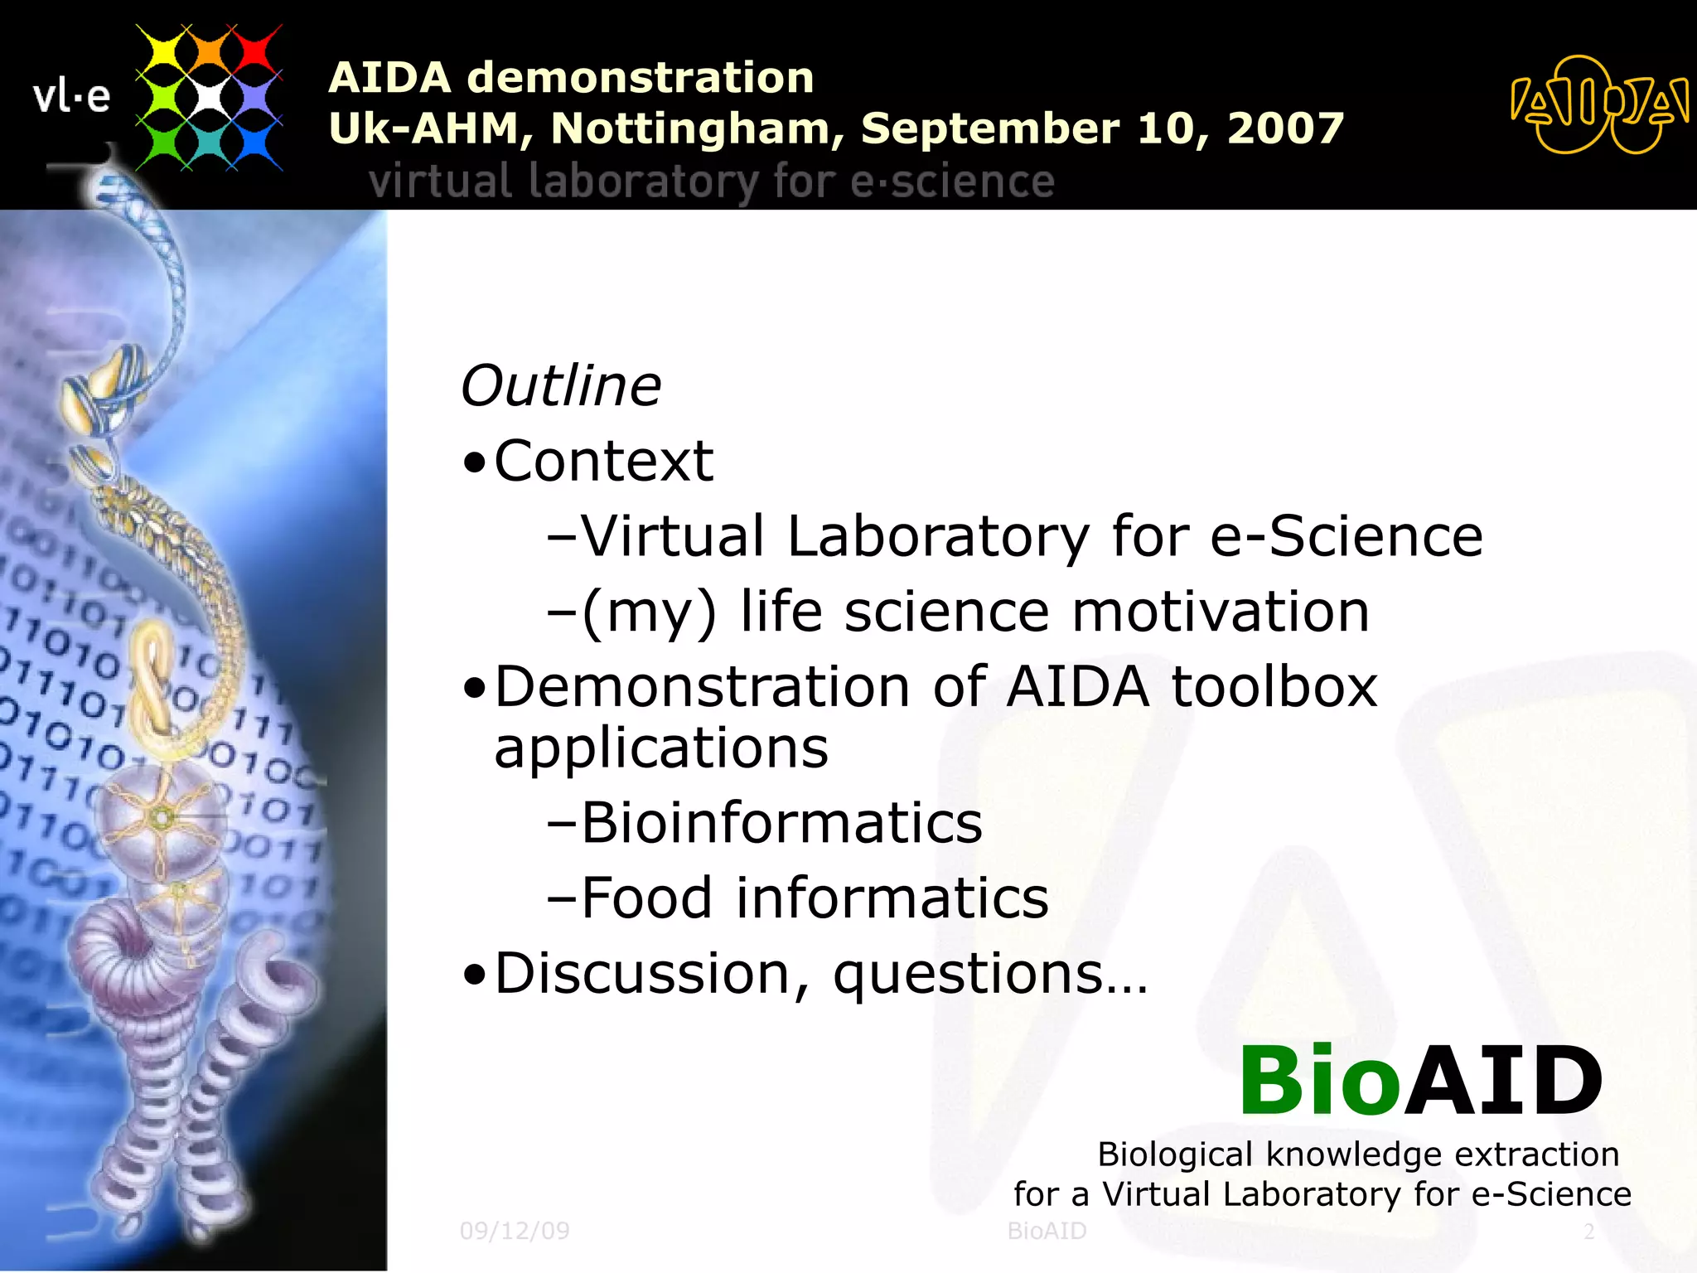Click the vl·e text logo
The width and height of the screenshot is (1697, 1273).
click(x=71, y=97)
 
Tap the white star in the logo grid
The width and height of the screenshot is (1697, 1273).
click(x=209, y=98)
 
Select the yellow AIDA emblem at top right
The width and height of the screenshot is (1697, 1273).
click(x=1598, y=105)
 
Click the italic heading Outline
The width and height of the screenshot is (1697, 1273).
click(x=561, y=386)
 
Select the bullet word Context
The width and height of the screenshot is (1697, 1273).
click(x=603, y=461)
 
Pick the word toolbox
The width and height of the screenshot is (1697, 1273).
click(x=1274, y=687)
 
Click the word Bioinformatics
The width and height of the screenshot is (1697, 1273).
click(x=781, y=823)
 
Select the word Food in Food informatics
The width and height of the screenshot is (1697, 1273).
click(x=646, y=898)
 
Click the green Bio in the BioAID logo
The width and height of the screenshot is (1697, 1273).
click(x=1319, y=1082)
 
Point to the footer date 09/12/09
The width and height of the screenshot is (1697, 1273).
click(x=515, y=1231)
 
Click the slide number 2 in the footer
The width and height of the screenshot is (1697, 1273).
click(x=1588, y=1232)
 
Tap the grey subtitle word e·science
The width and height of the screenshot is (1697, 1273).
click(x=952, y=182)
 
